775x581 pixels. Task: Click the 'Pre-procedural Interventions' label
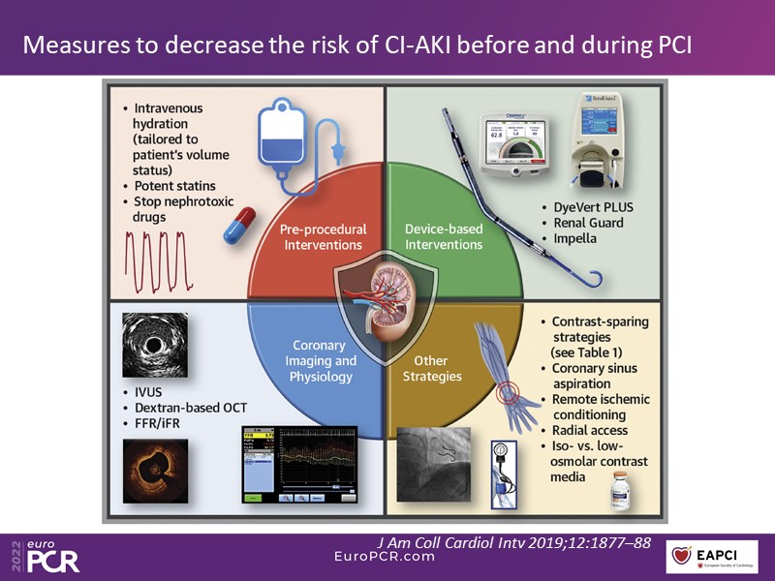[323, 237]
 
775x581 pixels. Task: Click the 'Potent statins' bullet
[174, 185]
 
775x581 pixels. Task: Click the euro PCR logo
[43, 557]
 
